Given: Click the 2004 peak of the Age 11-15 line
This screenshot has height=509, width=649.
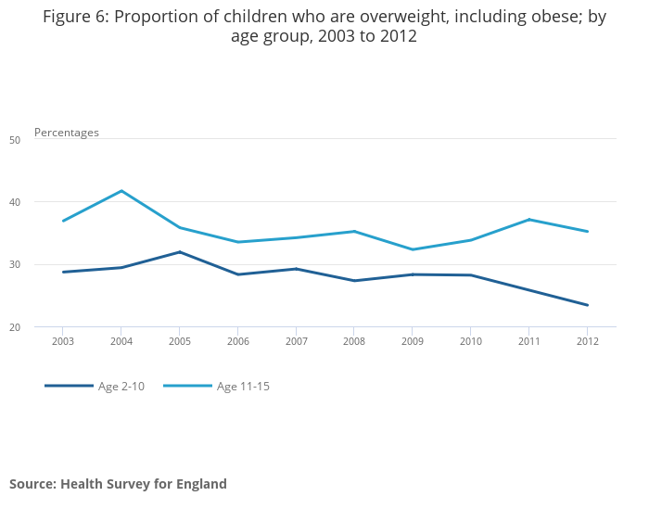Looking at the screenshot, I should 121,191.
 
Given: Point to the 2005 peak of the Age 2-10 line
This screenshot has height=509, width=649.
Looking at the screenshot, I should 180,252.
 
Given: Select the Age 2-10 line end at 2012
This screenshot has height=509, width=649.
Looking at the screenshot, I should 588,305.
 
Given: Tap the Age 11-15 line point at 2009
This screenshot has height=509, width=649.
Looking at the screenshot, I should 413,249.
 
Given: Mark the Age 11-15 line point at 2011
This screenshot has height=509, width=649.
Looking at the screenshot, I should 529,220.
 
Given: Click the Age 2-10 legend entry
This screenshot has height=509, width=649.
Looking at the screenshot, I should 95,386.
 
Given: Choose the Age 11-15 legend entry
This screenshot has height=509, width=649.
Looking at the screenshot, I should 216,386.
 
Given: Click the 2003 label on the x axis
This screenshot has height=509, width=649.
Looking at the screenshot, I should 63,341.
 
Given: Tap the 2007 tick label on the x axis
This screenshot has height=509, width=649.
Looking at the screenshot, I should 296,341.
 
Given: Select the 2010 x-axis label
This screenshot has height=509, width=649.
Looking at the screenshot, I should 471,341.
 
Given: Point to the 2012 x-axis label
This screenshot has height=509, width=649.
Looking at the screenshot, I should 588,341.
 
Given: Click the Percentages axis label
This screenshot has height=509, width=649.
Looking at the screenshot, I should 67,133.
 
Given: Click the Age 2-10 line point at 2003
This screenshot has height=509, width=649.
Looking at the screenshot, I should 63,272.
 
